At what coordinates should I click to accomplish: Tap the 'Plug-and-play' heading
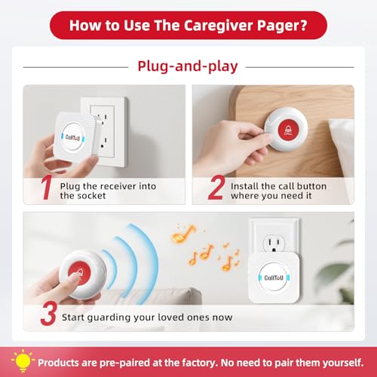(x=188, y=66)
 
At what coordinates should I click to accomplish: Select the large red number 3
(x=48, y=314)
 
